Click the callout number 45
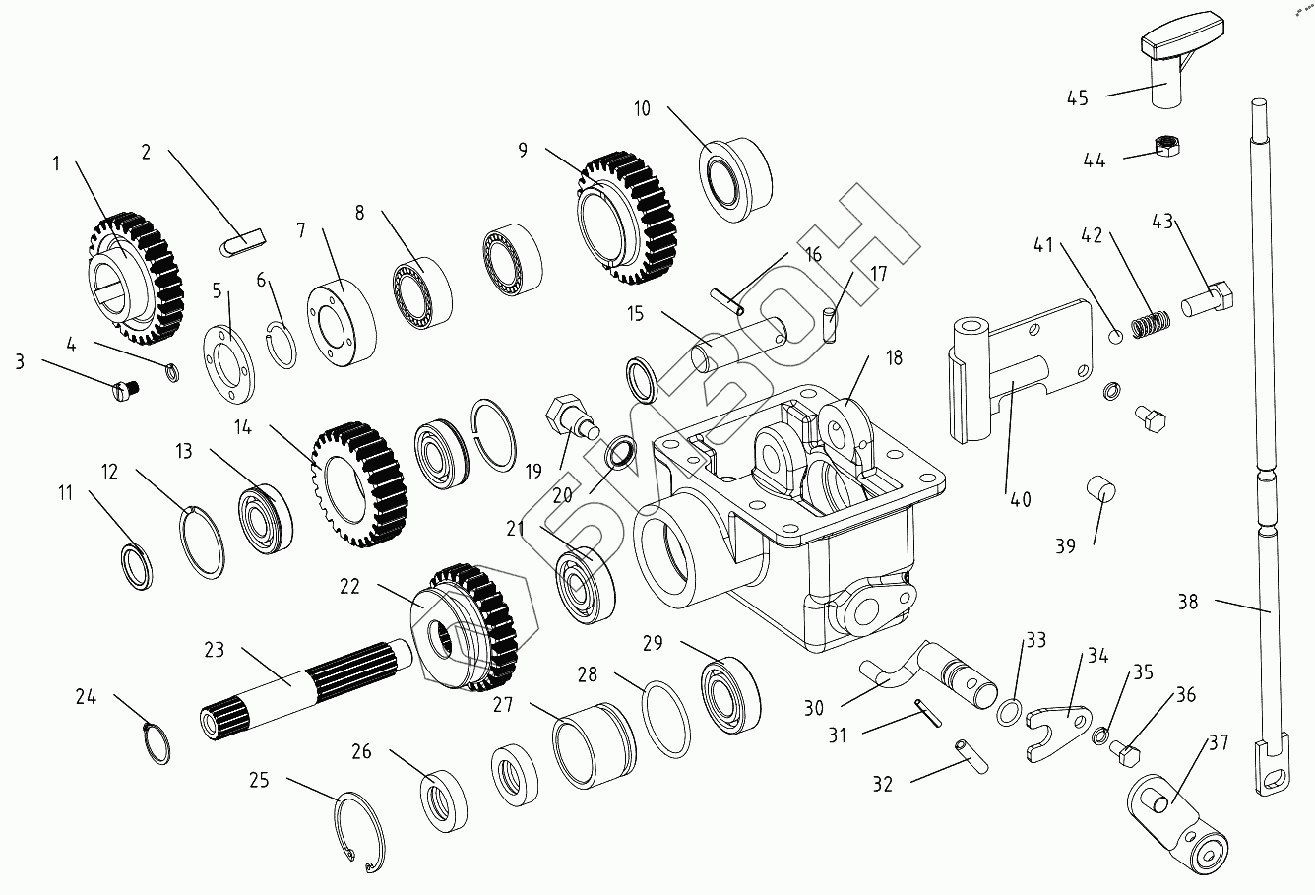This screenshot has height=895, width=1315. [x=1078, y=97]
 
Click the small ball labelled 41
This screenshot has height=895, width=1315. [x=1116, y=338]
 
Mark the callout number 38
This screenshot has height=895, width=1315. [x=1188, y=601]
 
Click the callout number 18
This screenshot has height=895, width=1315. [x=893, y=358]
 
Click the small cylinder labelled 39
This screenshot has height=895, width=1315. [x=1099, y=488]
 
